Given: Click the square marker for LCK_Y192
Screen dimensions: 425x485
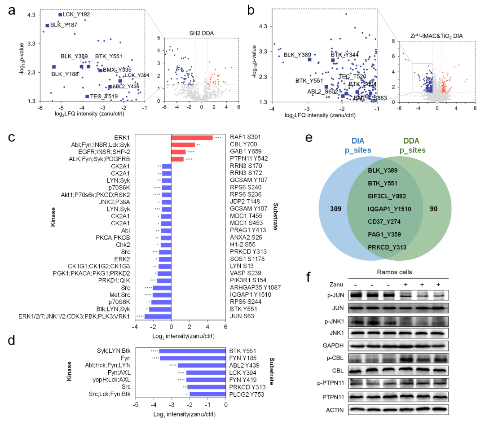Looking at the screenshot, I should (60, 15).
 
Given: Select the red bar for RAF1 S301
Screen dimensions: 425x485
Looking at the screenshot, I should (192, 137).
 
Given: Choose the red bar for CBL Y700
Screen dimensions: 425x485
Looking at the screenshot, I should (183, 145).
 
